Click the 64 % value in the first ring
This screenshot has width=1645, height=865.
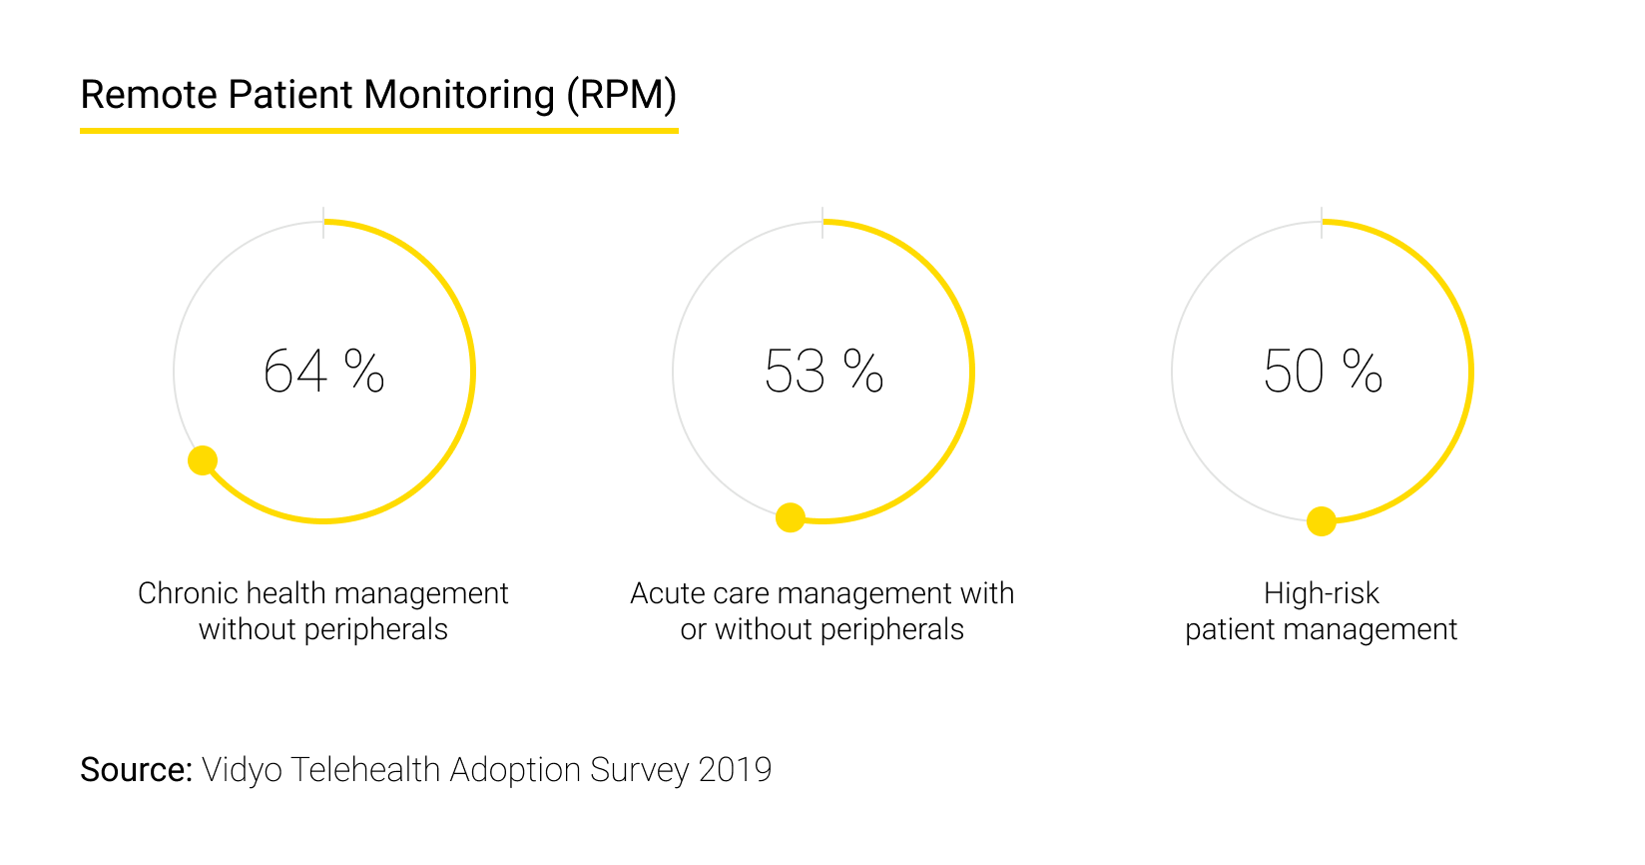coord(322,372)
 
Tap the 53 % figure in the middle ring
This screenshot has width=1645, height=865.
coord(822,372)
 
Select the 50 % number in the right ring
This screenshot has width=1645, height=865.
coord(1322,372)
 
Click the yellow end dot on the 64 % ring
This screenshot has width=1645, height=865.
coord(203,460)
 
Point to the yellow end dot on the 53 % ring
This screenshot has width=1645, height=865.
coord(791,517)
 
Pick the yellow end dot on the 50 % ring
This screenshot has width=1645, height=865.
coord(1322,521)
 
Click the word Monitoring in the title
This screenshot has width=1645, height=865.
coord(458,95)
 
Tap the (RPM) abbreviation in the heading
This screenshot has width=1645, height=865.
coord(622,95)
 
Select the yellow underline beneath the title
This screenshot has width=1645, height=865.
coord(379,130)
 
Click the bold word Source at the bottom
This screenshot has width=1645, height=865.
coord(135,770)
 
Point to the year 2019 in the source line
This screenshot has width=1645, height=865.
coord(735,770)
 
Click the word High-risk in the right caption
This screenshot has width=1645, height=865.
coord(1321,593)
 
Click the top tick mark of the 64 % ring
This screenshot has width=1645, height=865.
coord(323,223)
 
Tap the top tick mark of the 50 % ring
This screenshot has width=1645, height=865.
coord(1322,223)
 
